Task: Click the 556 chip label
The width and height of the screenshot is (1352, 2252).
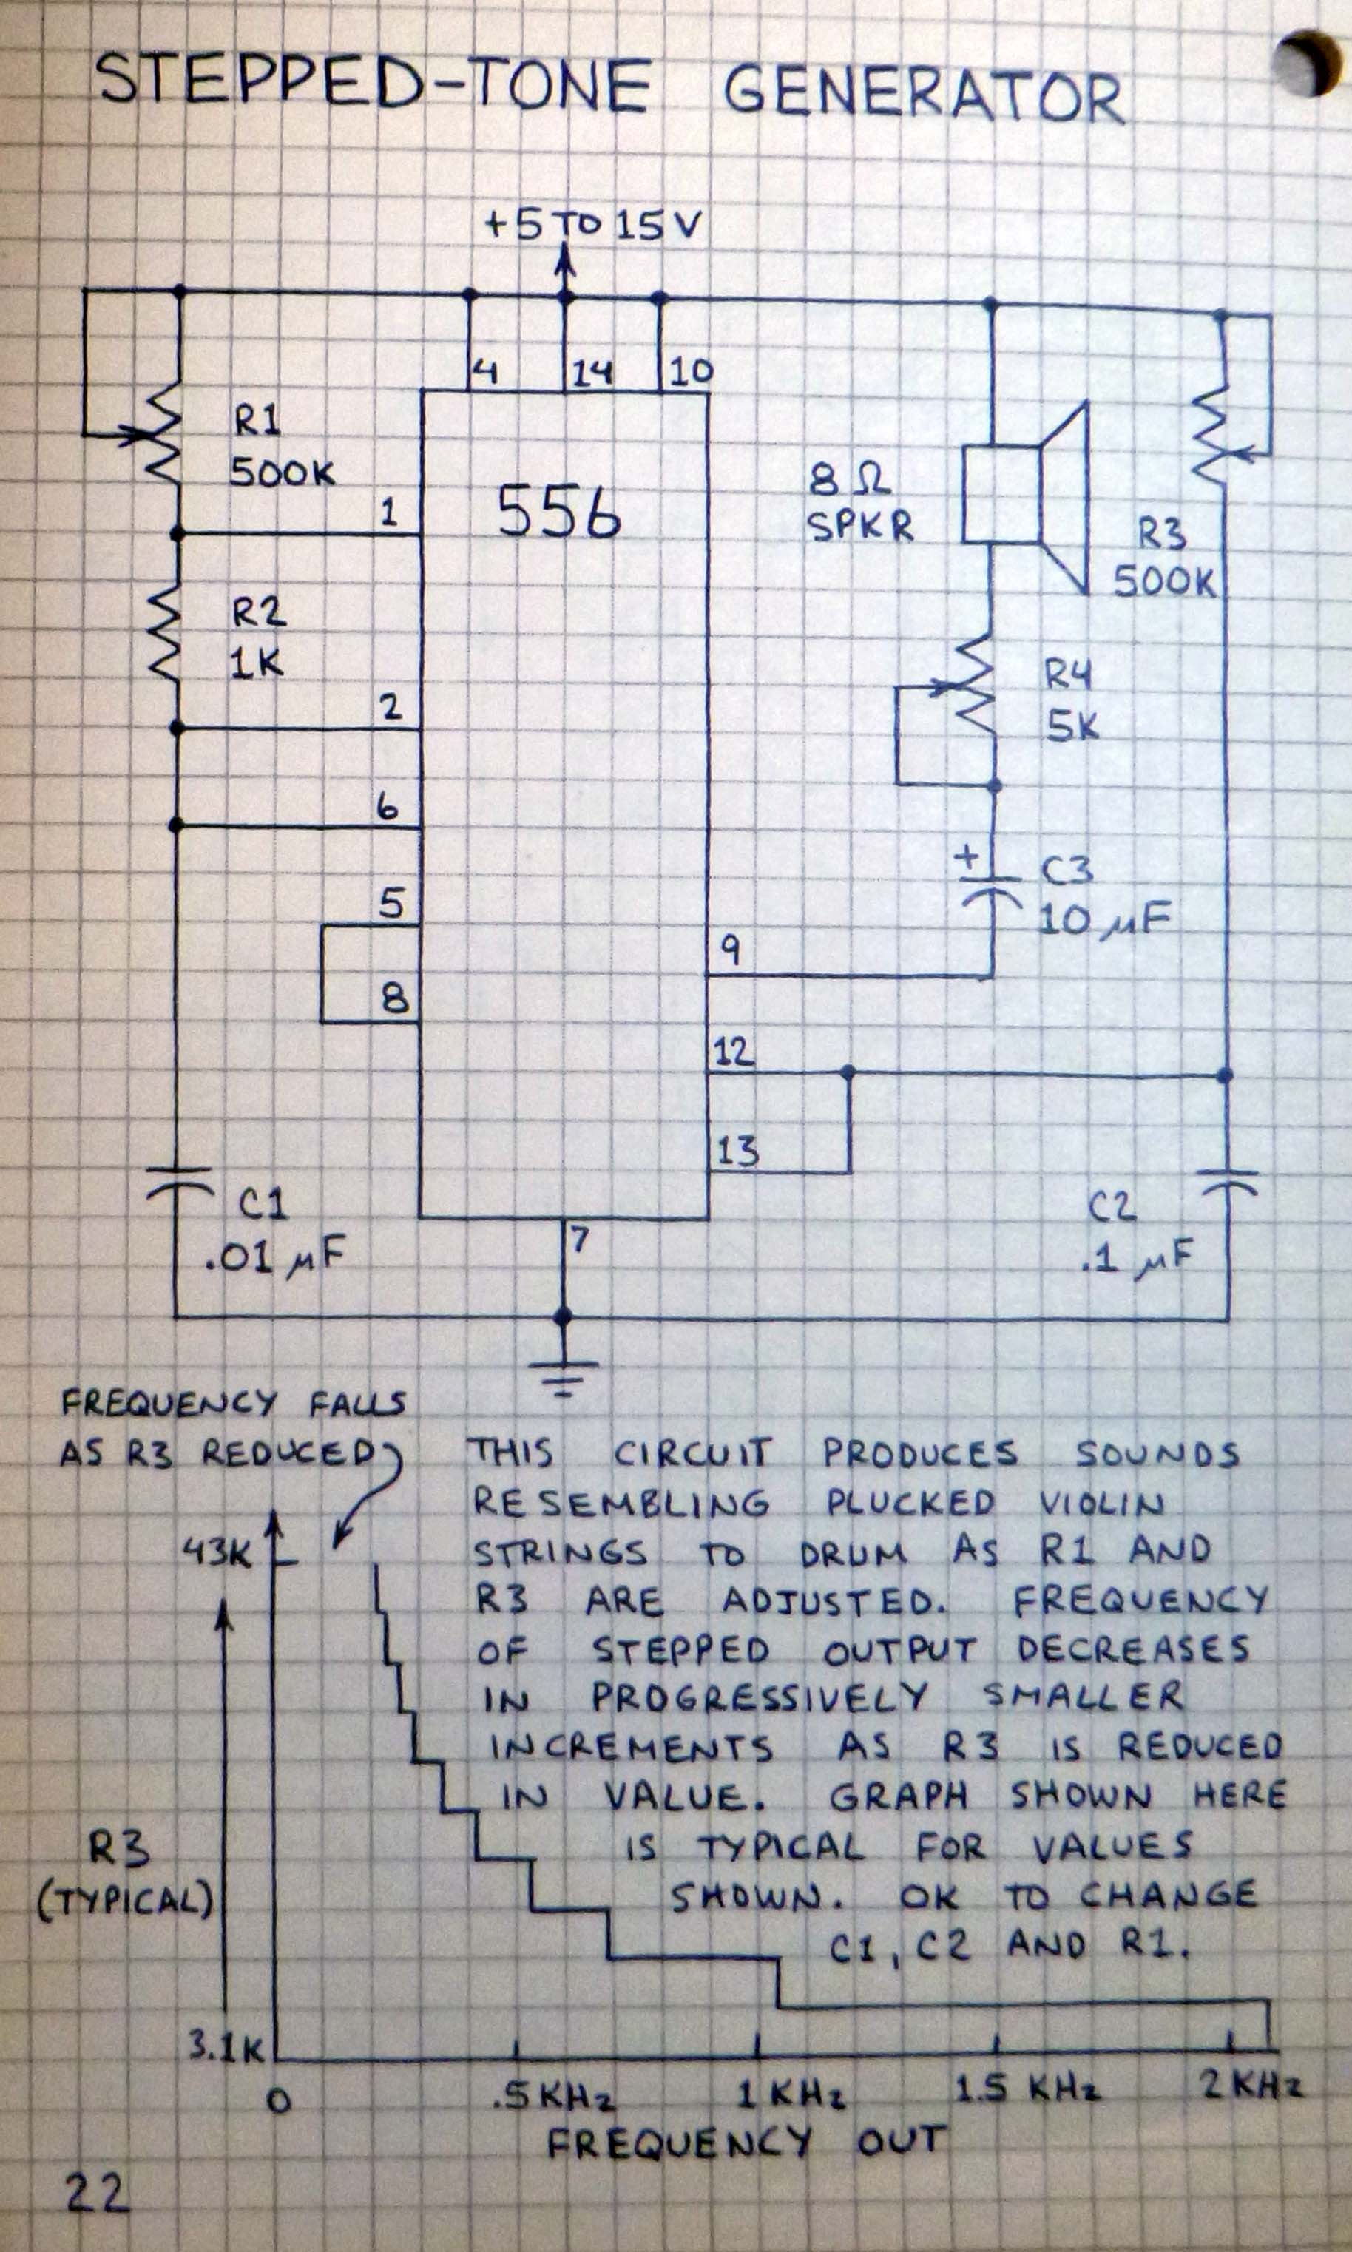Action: pyautogui.click(x=559, y=511)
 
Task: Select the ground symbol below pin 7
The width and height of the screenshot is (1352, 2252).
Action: pyautogui.click(x=564, y=1379)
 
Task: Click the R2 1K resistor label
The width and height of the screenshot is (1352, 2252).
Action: pyautogui.click(x=258, y=638)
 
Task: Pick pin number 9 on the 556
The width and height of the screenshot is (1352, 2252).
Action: pyautogui.click(x=731, y=950)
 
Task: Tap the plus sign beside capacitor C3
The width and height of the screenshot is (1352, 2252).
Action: pyautogui.click(x=967, y=857)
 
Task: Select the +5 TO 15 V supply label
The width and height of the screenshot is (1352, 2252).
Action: pyautogui.click(x=593, y=224)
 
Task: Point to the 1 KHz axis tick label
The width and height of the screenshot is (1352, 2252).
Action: pyautogui.click(x=790, y=2094)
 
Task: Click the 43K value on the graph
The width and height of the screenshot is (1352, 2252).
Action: pyautogui.click(x=216, y=1551)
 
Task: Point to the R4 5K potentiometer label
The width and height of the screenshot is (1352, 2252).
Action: pyautogui.click(x=1070, y=700)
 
